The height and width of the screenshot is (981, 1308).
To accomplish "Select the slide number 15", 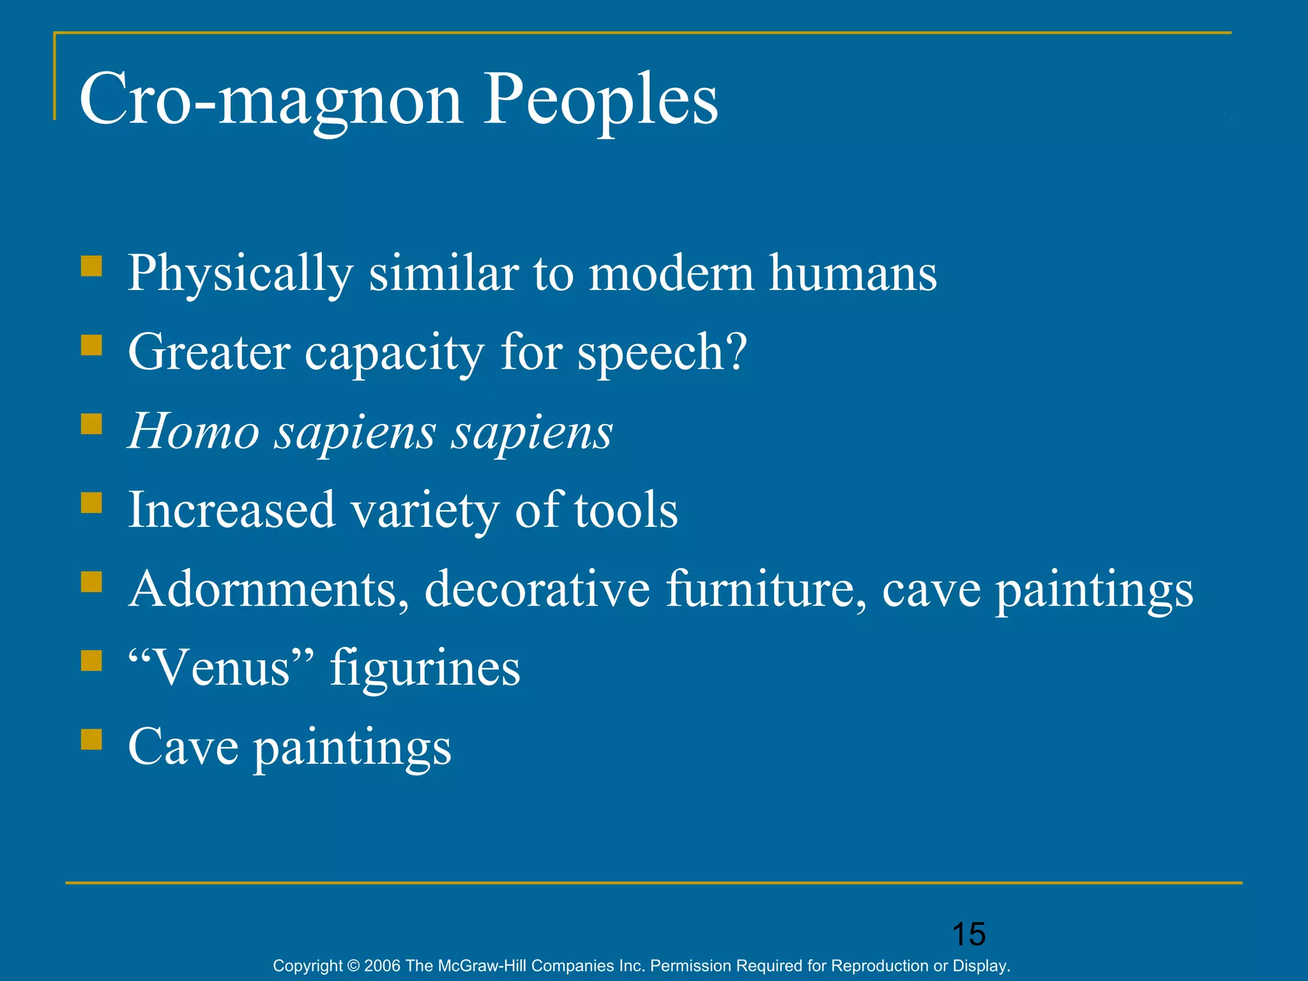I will (x=969, y=934).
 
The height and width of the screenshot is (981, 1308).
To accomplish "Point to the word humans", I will (x=853, y=273).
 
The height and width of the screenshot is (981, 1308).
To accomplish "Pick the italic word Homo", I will (x=194, y=432).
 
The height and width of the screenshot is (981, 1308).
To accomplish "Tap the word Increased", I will (x=231, y=510).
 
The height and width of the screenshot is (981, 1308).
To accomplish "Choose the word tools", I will (x=626, y=510).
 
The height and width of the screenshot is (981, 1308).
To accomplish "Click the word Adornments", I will (x=268, y=588).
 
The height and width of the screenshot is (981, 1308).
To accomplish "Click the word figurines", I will (x=425, y=668).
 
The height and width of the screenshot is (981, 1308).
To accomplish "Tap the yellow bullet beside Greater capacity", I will (x=92, y=346).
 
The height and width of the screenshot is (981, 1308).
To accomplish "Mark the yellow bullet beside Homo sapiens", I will (x=92, y=424).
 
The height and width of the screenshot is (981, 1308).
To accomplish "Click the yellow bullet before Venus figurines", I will (x=92, y=660).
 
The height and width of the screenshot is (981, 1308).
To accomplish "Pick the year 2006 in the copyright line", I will (x=383, y=966).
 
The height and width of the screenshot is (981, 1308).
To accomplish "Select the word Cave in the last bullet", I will (x=183, y=747).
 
